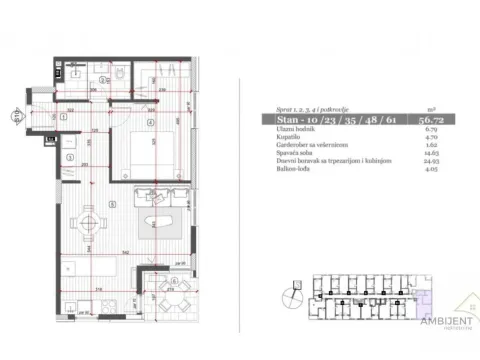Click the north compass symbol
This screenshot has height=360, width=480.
coord(290,296)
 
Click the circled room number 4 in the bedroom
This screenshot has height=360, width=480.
coord(150,124)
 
